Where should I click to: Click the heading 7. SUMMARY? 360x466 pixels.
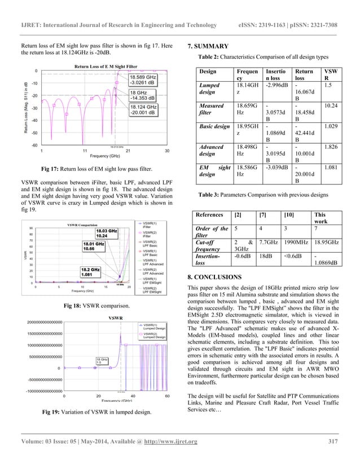pos(208,46)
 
